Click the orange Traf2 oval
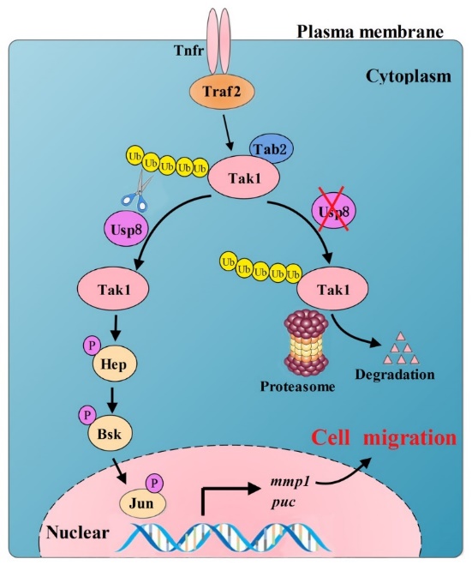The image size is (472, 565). click(x=222, y=91)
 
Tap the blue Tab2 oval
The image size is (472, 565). click(x=271, y=148)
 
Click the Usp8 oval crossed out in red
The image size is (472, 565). click(x=334, y=212)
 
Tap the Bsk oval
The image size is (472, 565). click(x=110, y=434)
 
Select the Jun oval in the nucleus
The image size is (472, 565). click(x=142, y=503)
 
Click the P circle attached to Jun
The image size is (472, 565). click(x=154, y=483)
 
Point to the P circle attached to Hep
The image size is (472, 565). click(x=93, y=346)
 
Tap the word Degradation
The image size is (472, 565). click(x=395, y=375)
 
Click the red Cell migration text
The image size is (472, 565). click(x=384, y=438)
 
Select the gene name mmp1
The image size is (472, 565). click(x=290, y=483)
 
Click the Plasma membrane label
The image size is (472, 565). click(x=370, y=32)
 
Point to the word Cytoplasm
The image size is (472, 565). click(x=408, y=77)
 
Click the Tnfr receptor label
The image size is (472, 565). click(x=188, y=50)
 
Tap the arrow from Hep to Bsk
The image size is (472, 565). click(x=113, y=400)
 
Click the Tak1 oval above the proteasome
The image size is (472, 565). click(x=333, y=289)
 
